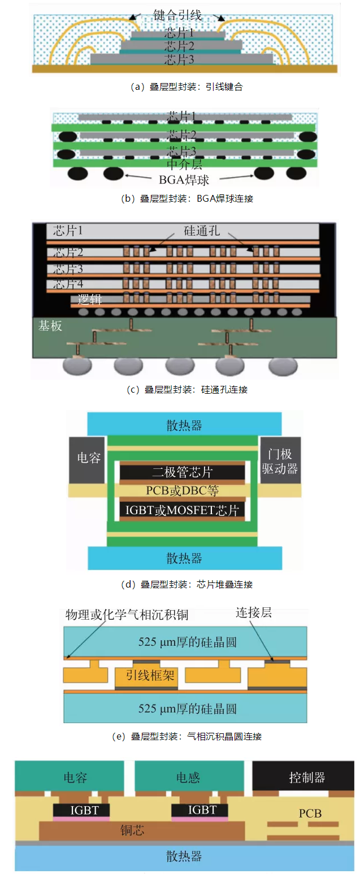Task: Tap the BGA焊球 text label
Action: [184, 181]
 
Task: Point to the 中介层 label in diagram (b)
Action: [184, 165]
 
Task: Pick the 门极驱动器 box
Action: [280, 459]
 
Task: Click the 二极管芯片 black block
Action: [182, 472]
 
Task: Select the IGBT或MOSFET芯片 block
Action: [182, 510]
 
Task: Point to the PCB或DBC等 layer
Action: [182, 491]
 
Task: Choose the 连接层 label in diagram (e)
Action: [252, 613]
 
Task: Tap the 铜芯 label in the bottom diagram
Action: [133, 831]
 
